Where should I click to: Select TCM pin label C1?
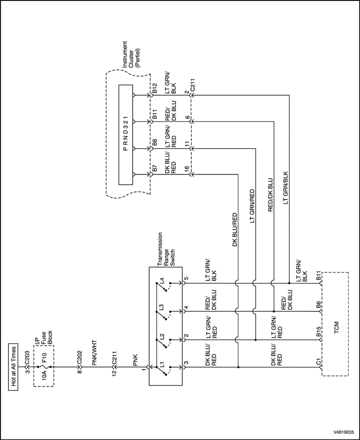point(319,363)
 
